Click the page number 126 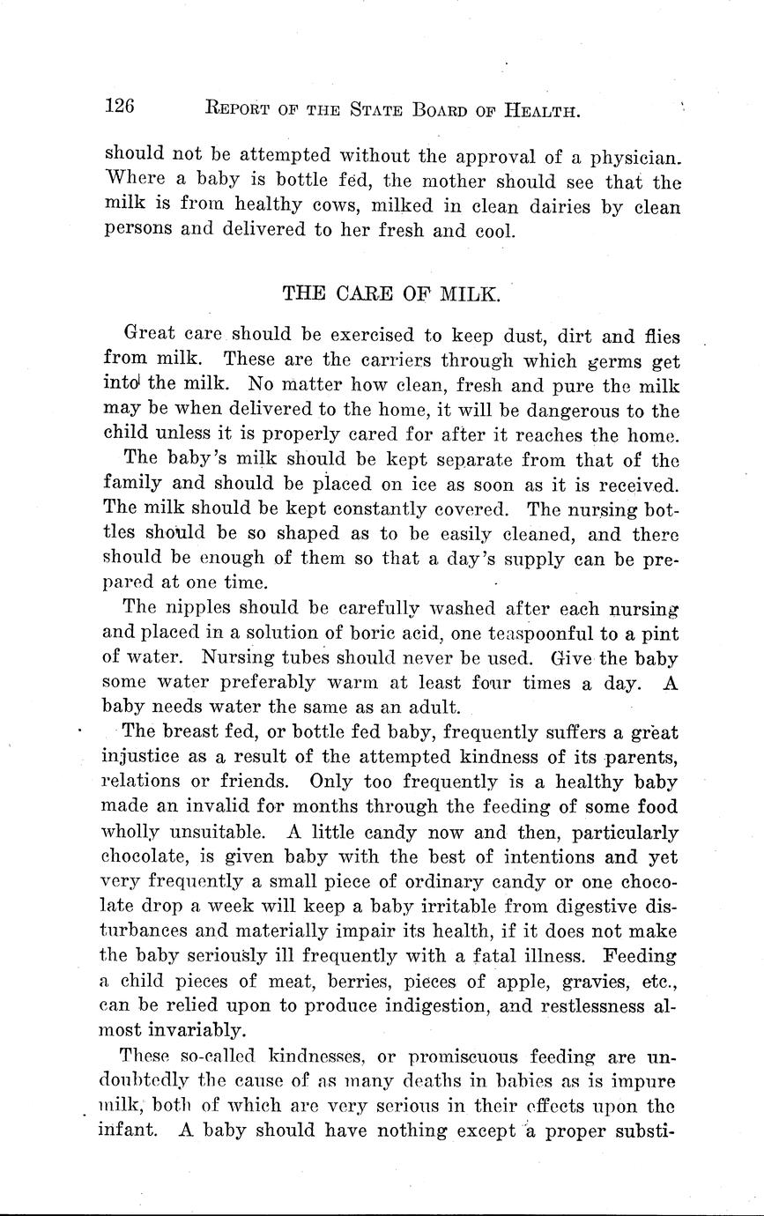click(119, 108)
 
